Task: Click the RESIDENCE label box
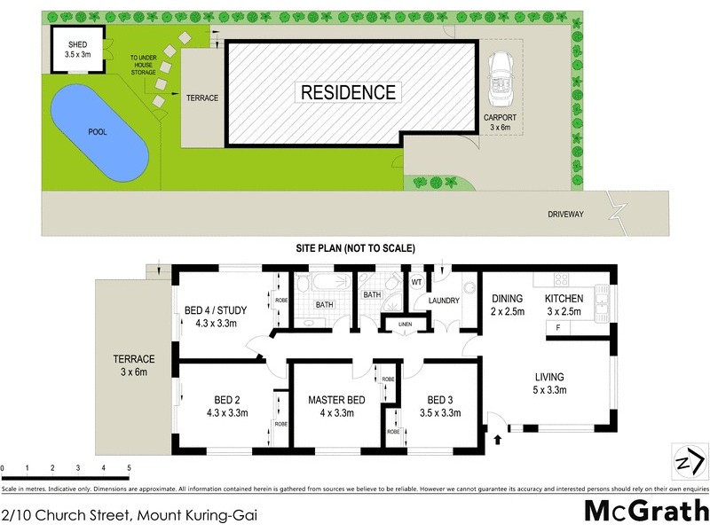coord(348,91)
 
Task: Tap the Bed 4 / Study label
coord(215,317)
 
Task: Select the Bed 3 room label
coord(441,405)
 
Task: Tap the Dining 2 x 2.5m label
coord(508,305)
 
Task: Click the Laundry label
coord(443,301)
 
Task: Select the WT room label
coord(415,282)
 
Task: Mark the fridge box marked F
coord(558,329)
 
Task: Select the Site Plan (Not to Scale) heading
coord(355,248)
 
